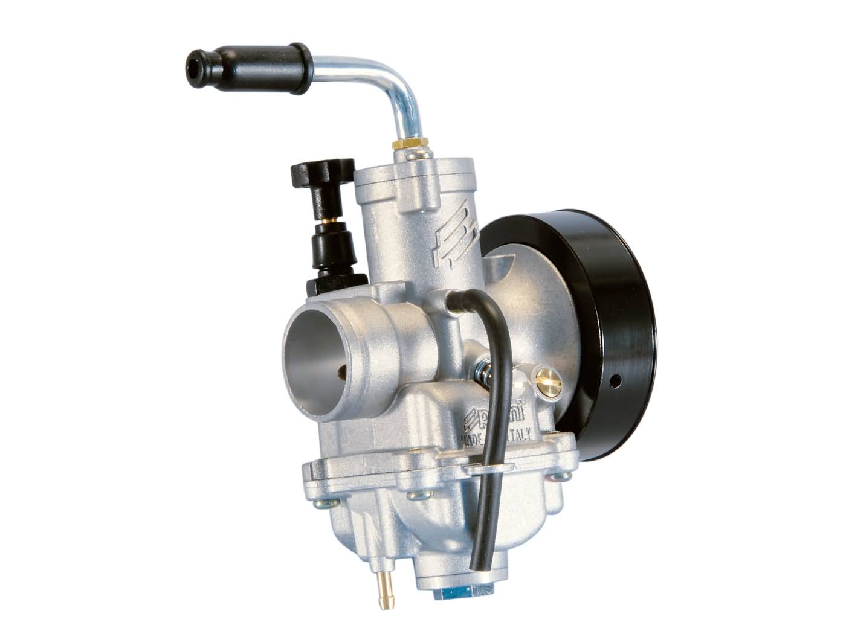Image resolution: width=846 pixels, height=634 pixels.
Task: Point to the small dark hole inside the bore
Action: click(343, 369)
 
